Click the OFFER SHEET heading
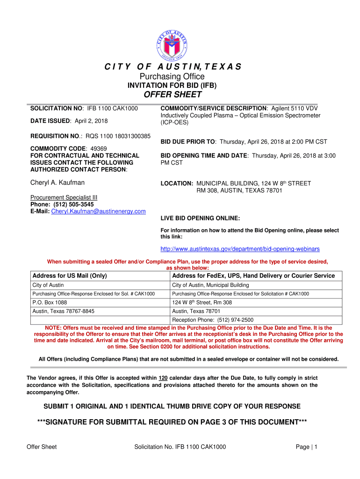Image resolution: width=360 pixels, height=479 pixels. tap(173, 95)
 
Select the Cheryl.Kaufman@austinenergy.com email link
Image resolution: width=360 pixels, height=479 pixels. tap(98, 211)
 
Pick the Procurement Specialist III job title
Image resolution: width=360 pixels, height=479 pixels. tap(64, 197)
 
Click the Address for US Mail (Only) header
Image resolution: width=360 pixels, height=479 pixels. tap(70, 276)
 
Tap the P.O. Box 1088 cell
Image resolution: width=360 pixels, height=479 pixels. tap(50, 302)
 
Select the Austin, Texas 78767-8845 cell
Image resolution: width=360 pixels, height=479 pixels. tap(63, 311)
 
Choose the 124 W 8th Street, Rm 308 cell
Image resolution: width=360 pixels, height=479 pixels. tap(202, 302)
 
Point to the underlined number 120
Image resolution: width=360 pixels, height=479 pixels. tap(163, 378)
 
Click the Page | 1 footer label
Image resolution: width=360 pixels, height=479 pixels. tap(307, 447)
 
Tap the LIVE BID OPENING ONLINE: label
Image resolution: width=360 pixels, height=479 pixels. tap(200, 218)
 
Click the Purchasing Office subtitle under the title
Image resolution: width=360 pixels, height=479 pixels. tap(173, 76)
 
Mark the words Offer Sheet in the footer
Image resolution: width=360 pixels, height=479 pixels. tap(42, 447)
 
